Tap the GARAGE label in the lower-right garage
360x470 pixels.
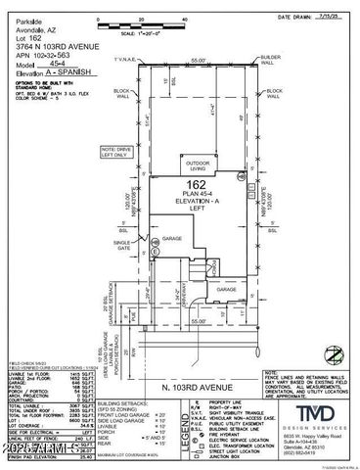coord(224,291)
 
